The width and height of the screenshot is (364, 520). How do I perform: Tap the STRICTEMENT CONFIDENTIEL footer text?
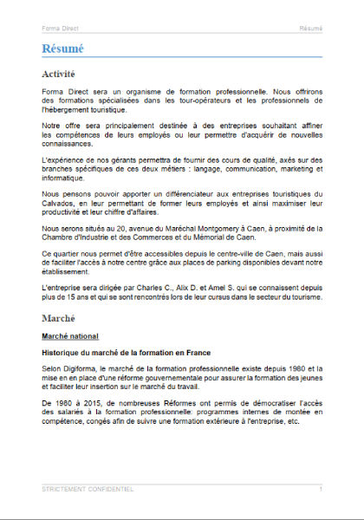click(x=88, y=490)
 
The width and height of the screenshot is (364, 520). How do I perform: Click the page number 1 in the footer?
click(x=321, y=490)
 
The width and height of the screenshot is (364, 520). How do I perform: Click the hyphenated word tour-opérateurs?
click(x=192, y=101)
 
